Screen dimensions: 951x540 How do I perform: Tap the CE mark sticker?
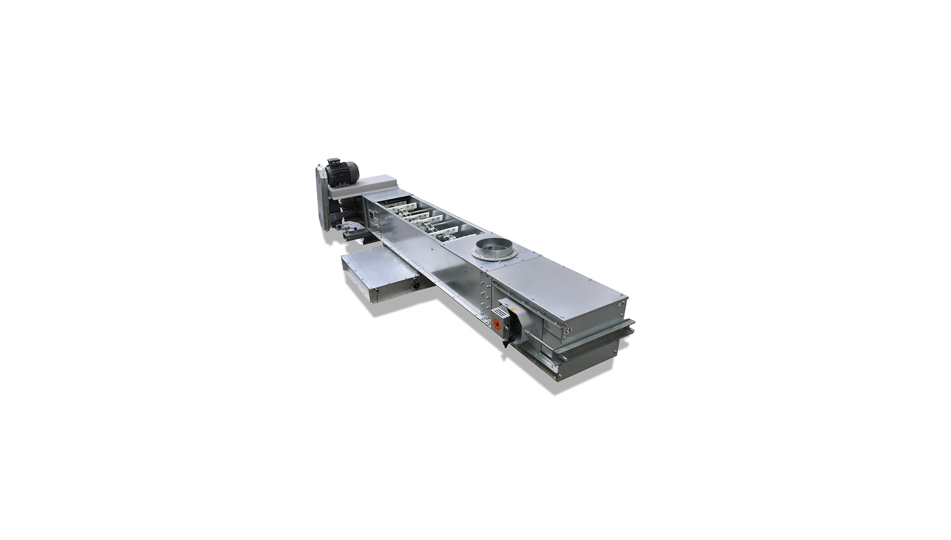coord(569,328)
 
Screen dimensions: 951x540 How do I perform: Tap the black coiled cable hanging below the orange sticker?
coord(506,341)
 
